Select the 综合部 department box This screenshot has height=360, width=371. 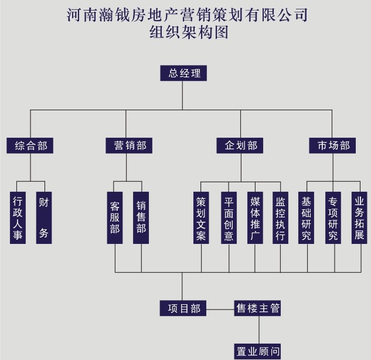(30, 145)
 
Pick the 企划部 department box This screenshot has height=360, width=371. (240, 145)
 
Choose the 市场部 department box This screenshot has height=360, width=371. (333, 145)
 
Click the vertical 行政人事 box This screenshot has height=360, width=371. (18, 218)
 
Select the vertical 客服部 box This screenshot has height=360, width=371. (115, 218)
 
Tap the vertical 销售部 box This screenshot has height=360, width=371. (141, 218)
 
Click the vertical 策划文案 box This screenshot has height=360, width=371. (201, 218)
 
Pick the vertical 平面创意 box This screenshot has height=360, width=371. (229, 218)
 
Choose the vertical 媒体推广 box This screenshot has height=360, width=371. (254, 218)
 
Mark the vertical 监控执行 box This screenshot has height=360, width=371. (280, 218)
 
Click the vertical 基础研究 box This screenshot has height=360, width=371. (306, 218)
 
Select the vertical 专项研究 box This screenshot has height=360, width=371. (333, 218)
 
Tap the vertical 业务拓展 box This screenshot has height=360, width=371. (359, 218)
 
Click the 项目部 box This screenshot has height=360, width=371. (183, 308)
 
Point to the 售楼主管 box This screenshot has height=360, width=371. (258, 308)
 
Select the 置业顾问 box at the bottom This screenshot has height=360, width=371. (258, 351)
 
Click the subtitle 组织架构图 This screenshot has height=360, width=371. (188, 33)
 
